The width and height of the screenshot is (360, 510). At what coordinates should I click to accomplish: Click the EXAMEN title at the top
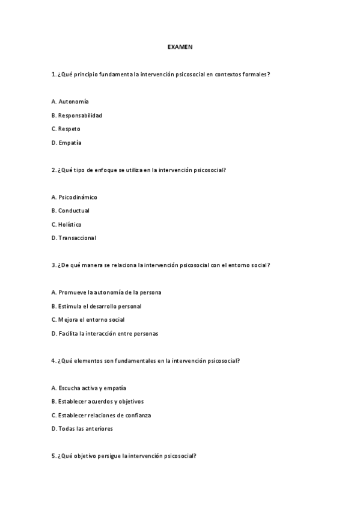click(180, 46)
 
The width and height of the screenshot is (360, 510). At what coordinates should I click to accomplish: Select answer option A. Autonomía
click(70, 101)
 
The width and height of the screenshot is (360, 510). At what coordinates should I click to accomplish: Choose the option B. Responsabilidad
click(77, 115)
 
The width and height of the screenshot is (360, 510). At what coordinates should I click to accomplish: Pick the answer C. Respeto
click(66, 129)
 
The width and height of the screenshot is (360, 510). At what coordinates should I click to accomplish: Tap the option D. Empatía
click(67, 143)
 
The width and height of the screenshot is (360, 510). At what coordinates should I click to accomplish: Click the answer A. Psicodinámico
click(75, 197)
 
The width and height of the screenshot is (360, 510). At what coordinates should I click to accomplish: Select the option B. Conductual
click(70, 210)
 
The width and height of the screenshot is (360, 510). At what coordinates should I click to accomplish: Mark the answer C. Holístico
click(67, 224)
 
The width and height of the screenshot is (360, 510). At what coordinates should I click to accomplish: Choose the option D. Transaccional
click(74, 238)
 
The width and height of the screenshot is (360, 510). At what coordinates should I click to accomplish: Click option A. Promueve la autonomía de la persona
click(106, 292)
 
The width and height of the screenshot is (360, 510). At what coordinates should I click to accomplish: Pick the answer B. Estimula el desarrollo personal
click(97, 306)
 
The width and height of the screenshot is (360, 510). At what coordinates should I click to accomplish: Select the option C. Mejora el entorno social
click(88, 319)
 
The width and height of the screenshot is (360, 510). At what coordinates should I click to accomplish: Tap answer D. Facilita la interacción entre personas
click(105, 333)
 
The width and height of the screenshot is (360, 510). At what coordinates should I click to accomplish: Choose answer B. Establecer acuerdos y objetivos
click(98, 401)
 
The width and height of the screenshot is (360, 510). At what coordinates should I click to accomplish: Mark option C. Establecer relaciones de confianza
click(101, 415)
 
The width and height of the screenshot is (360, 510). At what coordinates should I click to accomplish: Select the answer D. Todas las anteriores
click(82, 429)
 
